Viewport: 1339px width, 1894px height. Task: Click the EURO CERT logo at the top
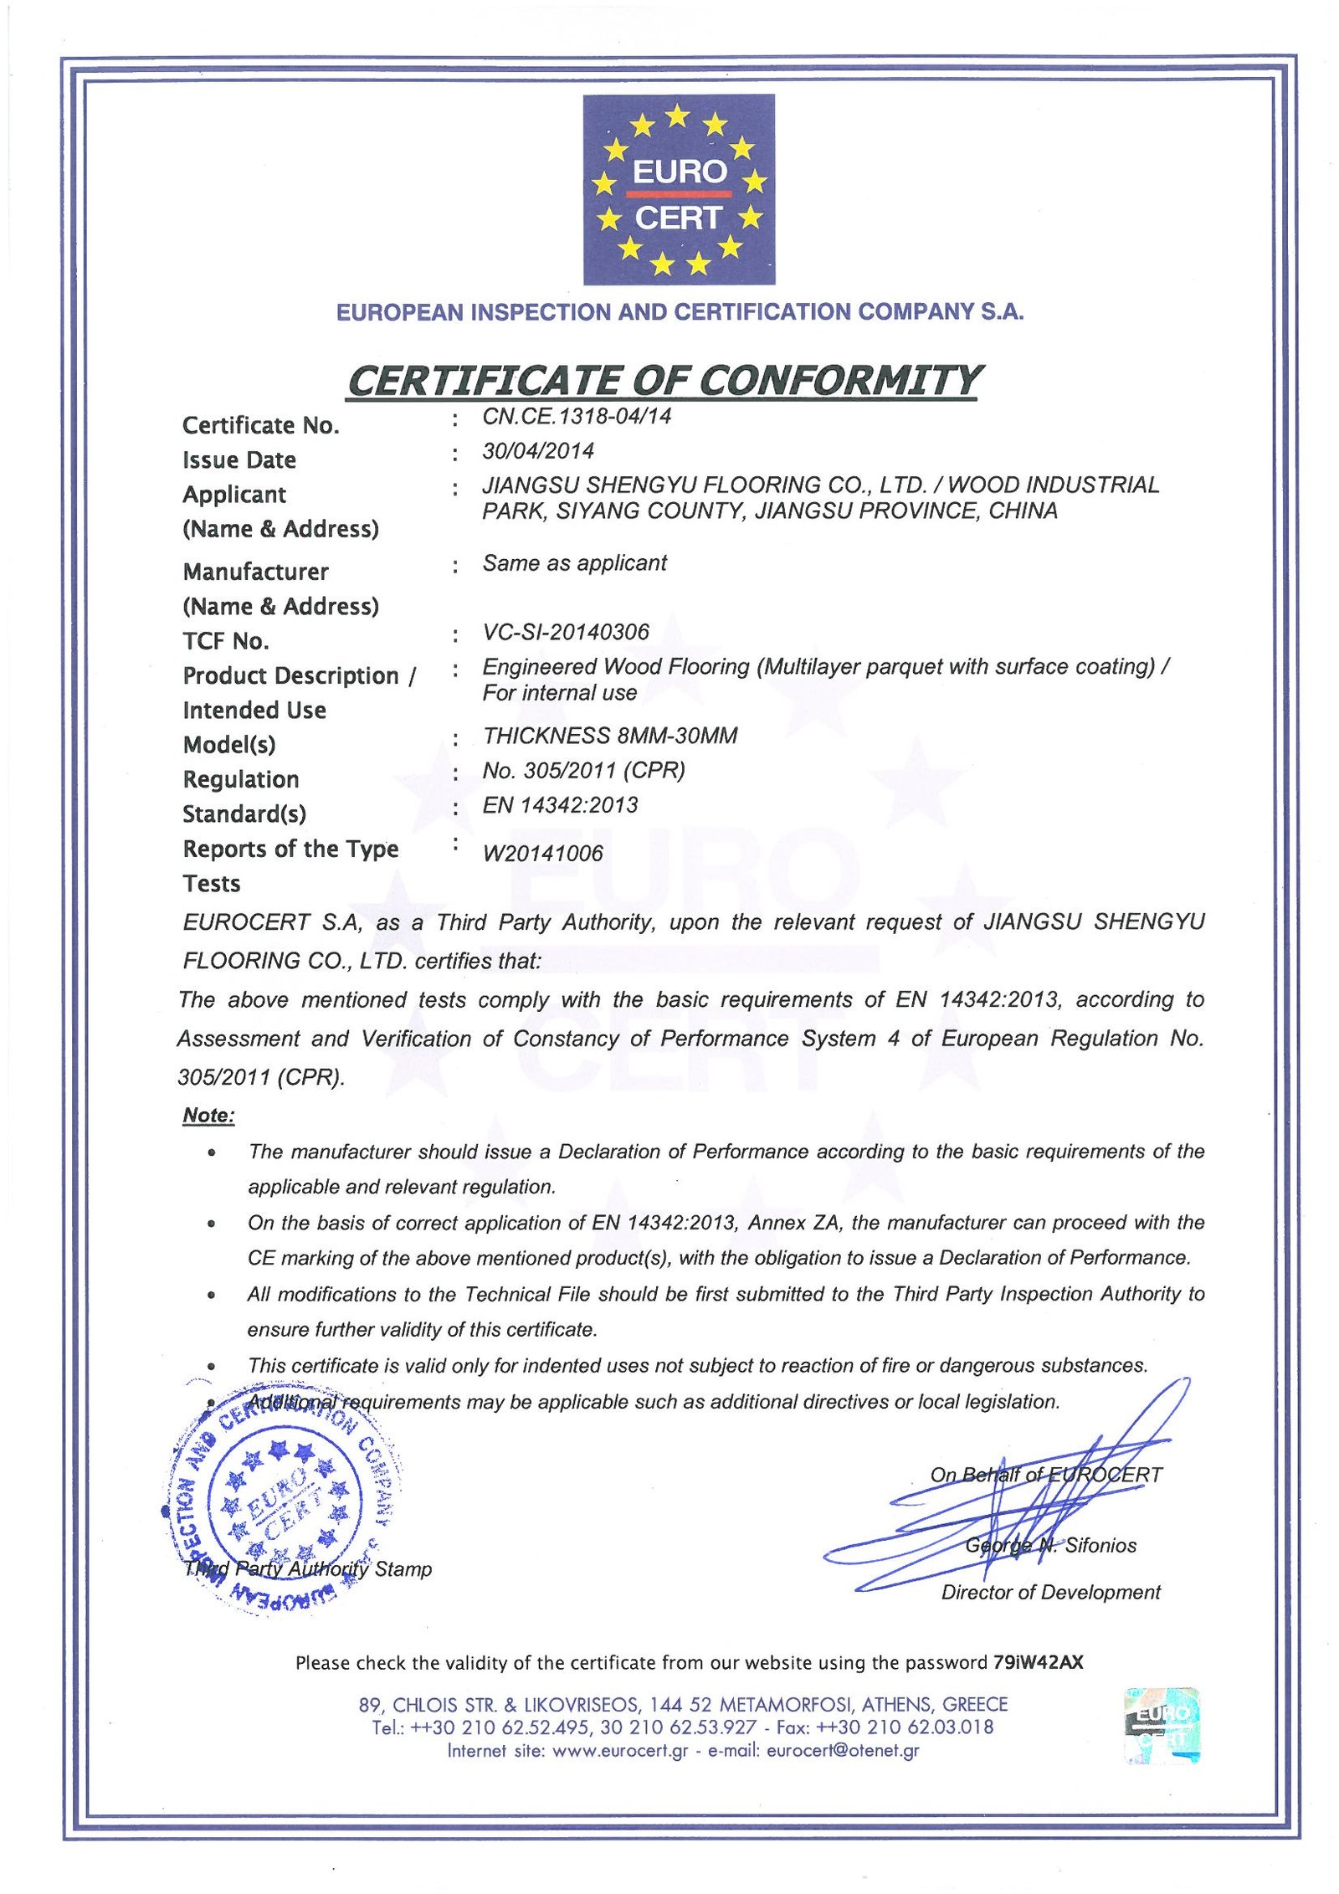678,189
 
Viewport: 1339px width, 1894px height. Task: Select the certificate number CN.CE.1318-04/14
576,416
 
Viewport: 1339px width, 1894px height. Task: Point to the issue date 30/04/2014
537,451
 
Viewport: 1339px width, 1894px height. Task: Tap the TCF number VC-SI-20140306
565,632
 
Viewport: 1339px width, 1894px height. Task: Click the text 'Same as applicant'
574,563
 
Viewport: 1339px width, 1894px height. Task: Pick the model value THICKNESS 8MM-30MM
609,736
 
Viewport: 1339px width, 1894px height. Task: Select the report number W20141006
542,853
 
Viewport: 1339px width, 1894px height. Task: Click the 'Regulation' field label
240,779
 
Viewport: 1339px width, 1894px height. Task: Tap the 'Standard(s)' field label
244,814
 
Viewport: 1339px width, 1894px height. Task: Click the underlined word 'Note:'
208,1116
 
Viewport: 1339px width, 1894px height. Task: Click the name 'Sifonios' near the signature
1100,1545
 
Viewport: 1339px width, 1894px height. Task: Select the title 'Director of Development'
1050,1592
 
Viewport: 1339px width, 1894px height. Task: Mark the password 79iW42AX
1038,1662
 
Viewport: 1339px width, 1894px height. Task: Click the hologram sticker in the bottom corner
1162,1726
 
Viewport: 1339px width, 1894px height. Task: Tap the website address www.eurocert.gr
620,1750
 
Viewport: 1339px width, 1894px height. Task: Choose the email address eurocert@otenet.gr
842,1750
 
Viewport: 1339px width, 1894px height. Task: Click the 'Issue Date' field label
239,460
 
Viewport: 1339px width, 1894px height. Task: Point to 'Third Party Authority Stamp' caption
308,1568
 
